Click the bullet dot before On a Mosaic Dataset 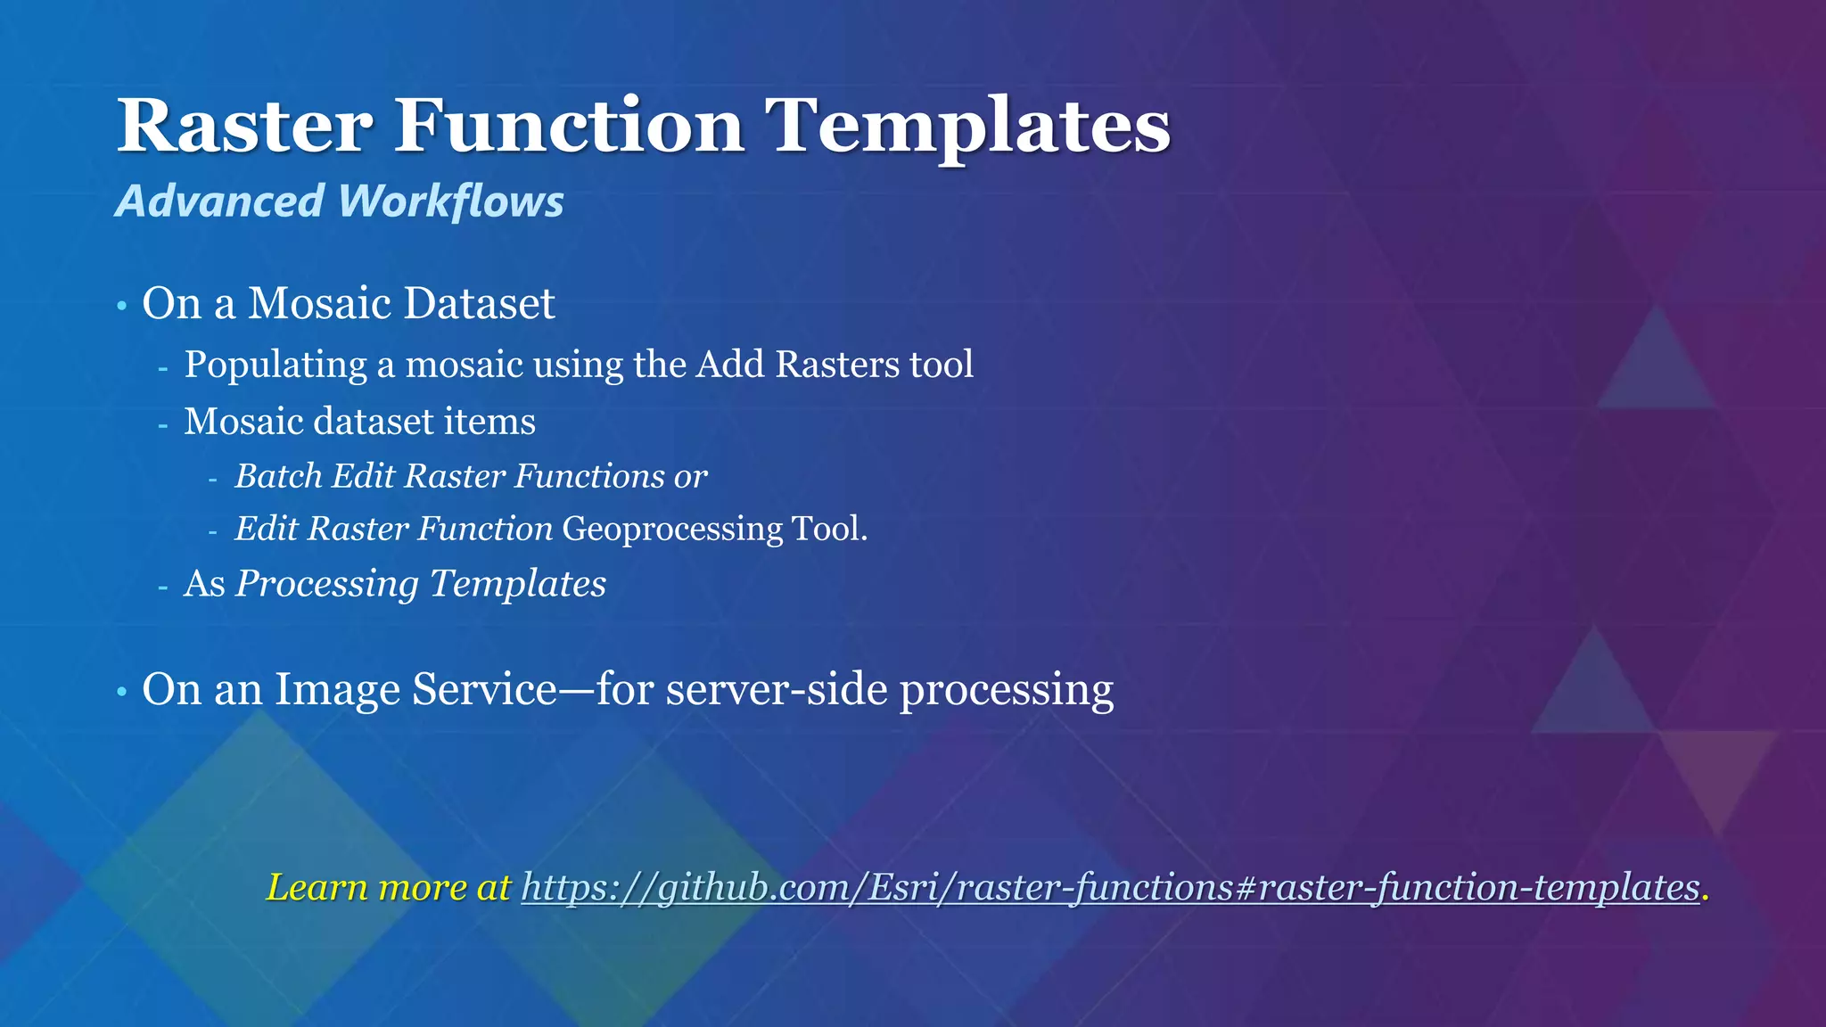(x=122, y=307)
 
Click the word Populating (x=276, y=365)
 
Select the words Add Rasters (x=798, y=365)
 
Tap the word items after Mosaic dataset (x=498, y=422)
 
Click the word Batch (x=278, y=476)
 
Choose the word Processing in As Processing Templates (x=326, y=584)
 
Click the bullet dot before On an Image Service (x=122, y=693)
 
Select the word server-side (x=777, y=689)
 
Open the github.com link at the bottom (x=1110, y=887)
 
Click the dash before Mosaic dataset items (x=163, y=424)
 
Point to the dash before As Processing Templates (x=163, y=587)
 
